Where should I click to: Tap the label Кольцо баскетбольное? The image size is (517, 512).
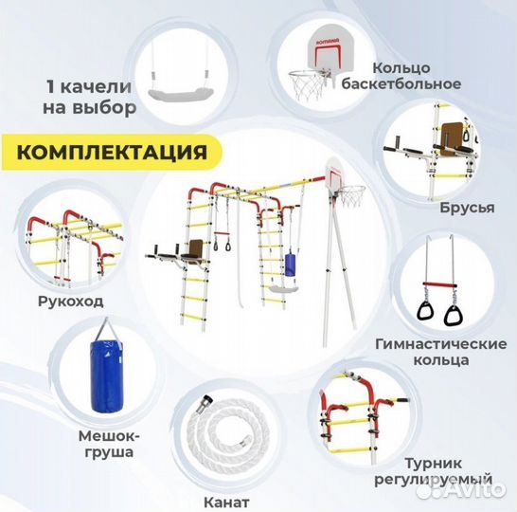click(417, 76)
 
